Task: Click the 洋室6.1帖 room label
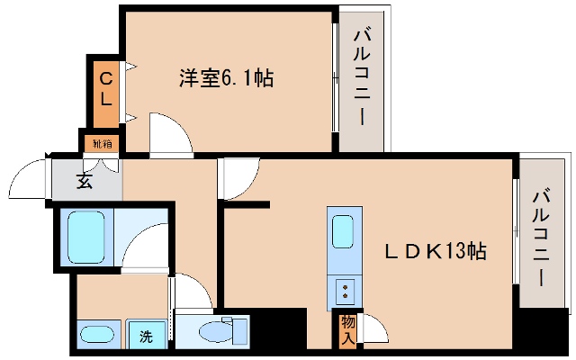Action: click(x=226, y=78)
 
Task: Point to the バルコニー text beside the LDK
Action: click(x=542, y=236)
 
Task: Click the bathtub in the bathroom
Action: click(x=89, y=235)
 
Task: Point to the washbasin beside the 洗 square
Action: click(x=98, y=335)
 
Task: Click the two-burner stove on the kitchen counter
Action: click(x=344, y=291)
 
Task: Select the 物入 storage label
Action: click(x=348, y=328)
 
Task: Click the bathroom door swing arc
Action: click(x=146, y=243)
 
